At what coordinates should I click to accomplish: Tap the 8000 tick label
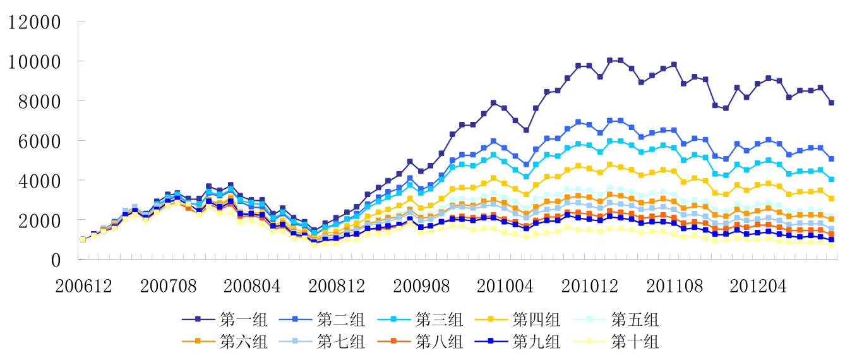pos(39,101)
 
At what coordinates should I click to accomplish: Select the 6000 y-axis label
pos(39,141)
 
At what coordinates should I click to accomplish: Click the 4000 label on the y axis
pos(39,181)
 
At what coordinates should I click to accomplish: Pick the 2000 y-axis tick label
pos(39,220)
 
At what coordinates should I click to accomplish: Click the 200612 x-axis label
pos(83,286)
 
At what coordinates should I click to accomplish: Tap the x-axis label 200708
pos(168,286)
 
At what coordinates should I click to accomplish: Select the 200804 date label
pos(252,286)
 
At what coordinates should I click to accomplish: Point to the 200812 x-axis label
pos(336,286)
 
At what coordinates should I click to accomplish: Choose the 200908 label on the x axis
pos(420,286)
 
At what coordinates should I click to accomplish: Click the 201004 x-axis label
pos(504,286)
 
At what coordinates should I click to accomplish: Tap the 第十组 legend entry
pos(635,342)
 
